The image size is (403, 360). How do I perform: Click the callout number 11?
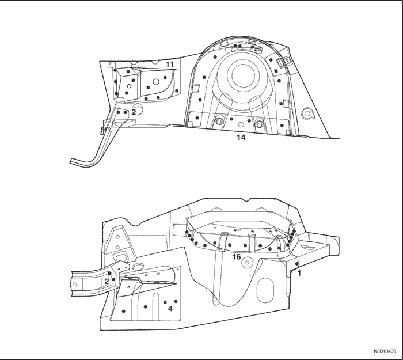170,65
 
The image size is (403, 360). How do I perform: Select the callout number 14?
241,138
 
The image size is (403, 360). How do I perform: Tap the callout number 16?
237,257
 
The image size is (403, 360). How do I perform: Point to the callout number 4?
170,309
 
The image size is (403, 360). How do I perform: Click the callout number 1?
299,273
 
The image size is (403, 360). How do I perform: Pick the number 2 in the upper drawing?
134,112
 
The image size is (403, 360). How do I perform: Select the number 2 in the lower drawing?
107,281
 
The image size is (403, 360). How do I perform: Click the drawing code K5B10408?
385,351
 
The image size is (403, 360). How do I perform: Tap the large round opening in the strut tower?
243,74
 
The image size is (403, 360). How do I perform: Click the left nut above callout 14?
219,122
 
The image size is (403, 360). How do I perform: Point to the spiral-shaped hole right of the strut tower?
307,113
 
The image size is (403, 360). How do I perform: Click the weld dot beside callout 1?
296,264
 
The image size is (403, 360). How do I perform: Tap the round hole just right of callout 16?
248,263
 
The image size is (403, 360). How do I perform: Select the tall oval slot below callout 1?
264,290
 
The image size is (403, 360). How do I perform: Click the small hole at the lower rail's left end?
75,284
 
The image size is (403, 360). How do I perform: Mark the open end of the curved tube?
71,161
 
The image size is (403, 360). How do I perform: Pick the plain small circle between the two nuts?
241,125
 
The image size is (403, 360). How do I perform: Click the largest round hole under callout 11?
156,82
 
